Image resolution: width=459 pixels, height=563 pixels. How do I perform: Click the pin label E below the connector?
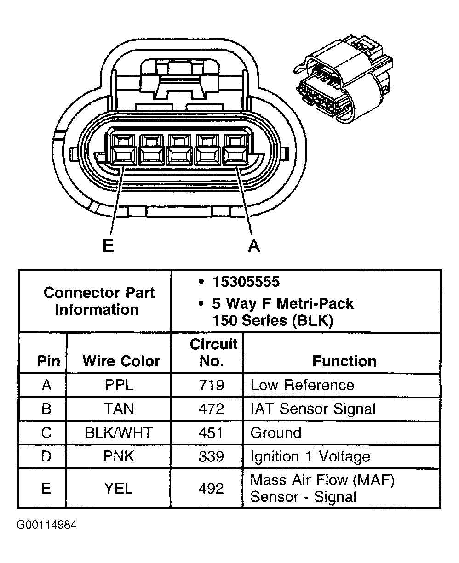[108, 246]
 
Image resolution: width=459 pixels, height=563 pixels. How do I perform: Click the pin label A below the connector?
[253, 246]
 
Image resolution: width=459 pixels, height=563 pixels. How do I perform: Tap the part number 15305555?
[246, 282]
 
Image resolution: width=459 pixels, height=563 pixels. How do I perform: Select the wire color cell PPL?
[119, 385]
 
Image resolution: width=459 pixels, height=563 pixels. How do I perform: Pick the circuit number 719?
[211, 385]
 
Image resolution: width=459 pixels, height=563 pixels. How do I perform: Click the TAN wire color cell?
[119, 409]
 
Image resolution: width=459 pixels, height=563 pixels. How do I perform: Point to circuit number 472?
[211, 409]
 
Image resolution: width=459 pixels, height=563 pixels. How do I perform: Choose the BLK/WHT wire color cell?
[119, 433]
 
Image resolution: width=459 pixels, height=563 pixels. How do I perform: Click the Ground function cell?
[276, 433]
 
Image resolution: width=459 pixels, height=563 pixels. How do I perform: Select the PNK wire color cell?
[119, 457]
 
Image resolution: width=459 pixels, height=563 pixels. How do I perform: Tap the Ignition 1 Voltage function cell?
[310, 457]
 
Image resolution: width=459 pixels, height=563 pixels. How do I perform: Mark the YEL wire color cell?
[119, 488]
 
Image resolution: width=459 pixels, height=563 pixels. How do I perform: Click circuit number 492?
[211, 488]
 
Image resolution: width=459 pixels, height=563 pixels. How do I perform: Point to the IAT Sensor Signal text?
[313, 409]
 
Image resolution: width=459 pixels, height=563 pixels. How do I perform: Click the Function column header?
[344, 361]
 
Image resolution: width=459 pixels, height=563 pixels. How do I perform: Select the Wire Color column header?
[121, 361]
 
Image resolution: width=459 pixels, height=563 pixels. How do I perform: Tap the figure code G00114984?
[47, 525]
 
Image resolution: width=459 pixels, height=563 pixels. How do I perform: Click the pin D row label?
[46, 457]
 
